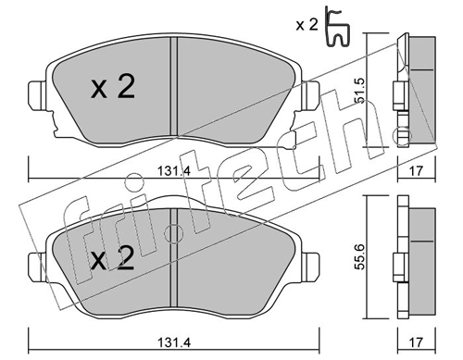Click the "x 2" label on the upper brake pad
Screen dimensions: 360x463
[x=113, y=88]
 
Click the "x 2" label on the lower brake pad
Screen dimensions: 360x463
[x=113, y=260]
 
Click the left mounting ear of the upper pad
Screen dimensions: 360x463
[x=38, y=95]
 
